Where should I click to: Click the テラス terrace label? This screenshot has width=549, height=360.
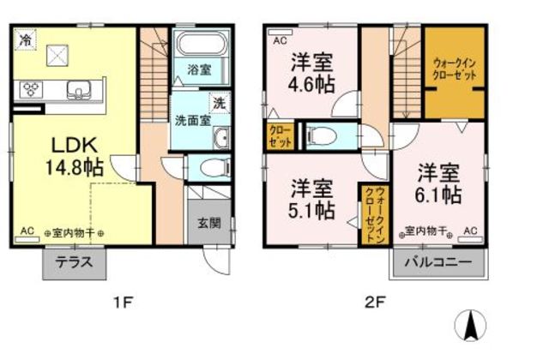74,264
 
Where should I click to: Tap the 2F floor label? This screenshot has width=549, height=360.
376,301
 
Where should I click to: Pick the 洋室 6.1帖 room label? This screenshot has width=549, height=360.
439,182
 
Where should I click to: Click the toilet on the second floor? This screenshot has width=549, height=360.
319,135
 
